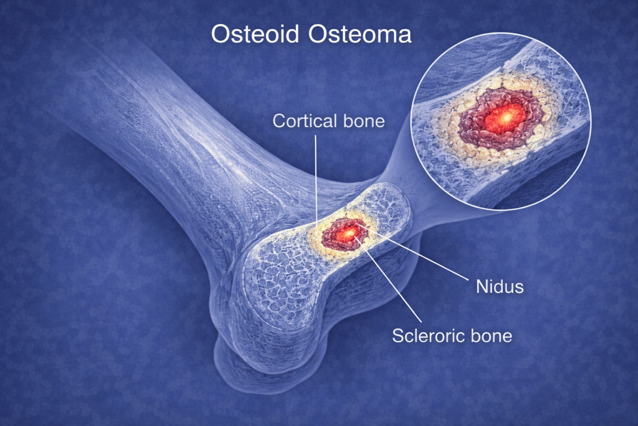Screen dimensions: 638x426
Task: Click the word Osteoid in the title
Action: pos(255,34)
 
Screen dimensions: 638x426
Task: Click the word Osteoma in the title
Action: pos(360,34)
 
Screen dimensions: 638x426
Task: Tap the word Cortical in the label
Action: pos(305,121)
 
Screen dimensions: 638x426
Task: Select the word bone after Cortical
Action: pos(364,121)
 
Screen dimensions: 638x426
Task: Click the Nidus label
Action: pos(500,286)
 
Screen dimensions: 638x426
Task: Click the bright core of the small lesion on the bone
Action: pos(348,234)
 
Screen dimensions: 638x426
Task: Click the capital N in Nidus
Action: pos(482,287)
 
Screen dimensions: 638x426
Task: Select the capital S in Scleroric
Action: pos(398,336)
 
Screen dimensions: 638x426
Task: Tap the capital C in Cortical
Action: pos(279,121)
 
